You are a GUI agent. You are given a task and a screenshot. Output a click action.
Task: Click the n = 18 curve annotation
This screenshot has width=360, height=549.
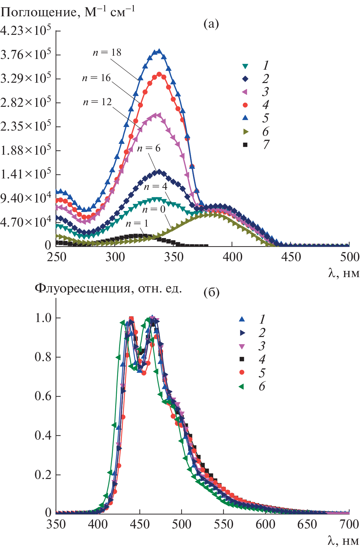[x=107, y=52]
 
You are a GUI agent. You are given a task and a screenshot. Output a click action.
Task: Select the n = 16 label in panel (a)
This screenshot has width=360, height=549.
[x=96, y=78]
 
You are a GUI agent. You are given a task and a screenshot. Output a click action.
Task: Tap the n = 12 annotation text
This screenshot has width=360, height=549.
[x=97, y=102]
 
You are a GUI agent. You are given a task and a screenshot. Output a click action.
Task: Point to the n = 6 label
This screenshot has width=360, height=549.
[x=149, y=148]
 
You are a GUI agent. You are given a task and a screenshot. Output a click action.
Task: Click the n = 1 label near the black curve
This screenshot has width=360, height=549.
[x=137, y=223]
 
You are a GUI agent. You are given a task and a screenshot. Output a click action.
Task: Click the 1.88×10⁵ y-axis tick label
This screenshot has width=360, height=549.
[x=26, y=150]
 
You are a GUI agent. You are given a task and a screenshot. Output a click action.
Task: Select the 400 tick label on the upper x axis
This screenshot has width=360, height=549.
[x=232, y=257]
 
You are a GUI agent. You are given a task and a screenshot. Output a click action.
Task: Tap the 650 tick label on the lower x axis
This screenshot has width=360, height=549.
[x=307, y=524]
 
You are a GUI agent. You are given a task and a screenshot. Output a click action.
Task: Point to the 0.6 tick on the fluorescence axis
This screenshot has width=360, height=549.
[x=43, y=396]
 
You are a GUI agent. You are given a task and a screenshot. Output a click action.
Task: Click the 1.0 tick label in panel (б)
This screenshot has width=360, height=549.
[x=43, y=318]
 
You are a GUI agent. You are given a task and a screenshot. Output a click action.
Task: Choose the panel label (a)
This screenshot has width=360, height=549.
[x=211, y=24]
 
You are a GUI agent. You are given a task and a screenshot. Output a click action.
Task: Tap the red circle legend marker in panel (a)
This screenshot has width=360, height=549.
[x=245, y=105]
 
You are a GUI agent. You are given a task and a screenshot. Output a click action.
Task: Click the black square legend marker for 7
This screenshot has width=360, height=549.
[x=245, y=145]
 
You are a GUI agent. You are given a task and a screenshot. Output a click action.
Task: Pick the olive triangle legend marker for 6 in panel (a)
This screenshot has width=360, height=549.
[x=245, y=132]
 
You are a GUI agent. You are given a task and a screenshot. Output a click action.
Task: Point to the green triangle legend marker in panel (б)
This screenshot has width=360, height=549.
[x=242, y=387]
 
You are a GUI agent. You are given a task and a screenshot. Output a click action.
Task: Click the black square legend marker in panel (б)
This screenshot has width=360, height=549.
[x=242, y=359]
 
